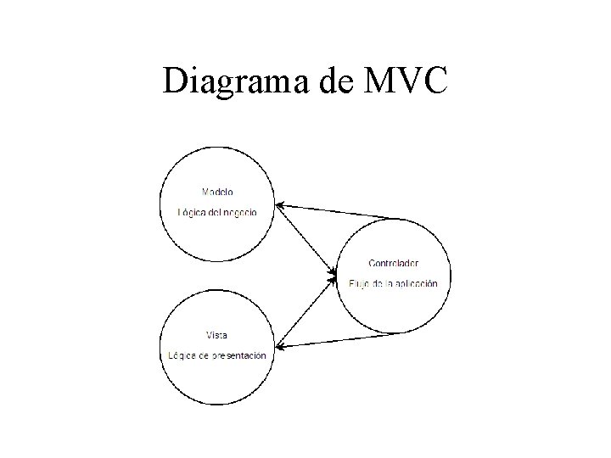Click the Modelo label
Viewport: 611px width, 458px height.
[218, 191]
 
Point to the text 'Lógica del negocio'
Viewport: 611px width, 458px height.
[217, 212]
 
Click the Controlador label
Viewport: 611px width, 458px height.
[393, 263]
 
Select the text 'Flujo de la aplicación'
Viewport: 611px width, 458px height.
[393, 283]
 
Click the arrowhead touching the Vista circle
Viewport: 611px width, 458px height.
[279, 344]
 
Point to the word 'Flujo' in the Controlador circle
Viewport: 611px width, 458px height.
[360, 283]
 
